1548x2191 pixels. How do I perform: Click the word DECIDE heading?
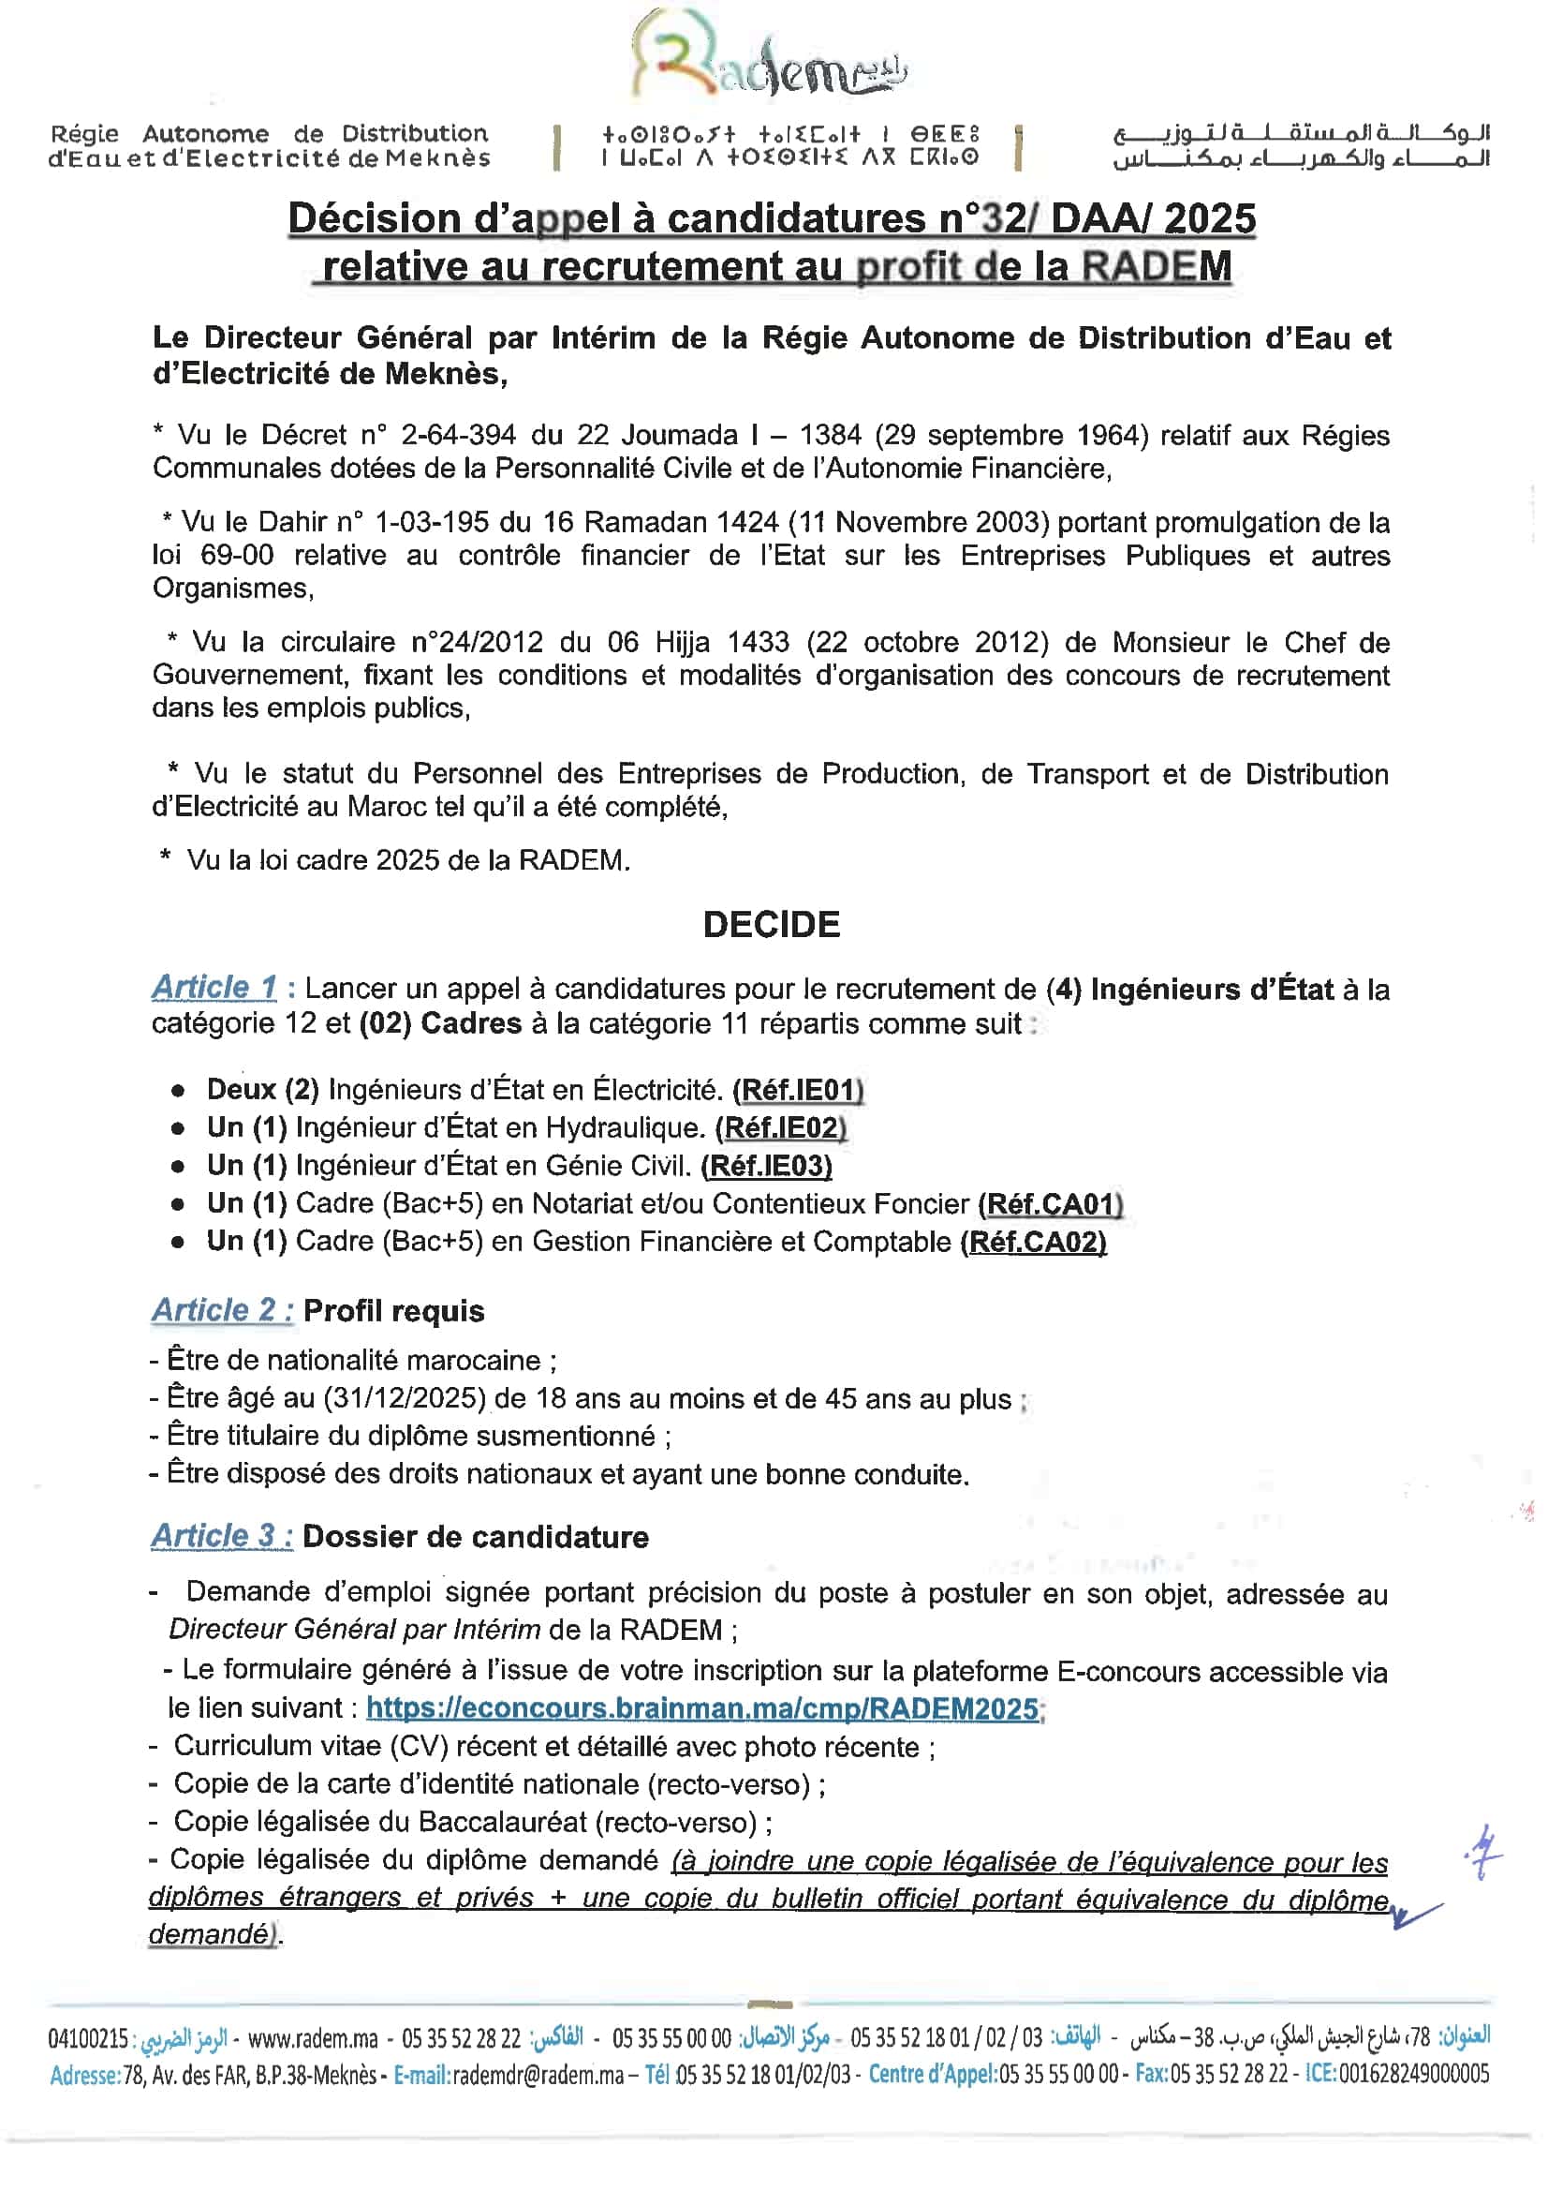point(772,924)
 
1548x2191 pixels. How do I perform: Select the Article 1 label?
point(214,987)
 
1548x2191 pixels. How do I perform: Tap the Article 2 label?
point(221,1309)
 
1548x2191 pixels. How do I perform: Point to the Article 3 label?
point(221,1535)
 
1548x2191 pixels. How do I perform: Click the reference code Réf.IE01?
point(797,1090)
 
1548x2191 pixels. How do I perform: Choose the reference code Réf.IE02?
point(781,1128)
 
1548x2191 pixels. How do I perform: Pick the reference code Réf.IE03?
point(766,1165)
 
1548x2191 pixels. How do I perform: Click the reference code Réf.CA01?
point(1050,1203)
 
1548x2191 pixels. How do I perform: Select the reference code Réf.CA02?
point(1034,1242)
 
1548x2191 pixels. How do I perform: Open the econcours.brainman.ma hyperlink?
point(702,1707)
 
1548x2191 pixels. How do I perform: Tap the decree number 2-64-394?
point(456,435)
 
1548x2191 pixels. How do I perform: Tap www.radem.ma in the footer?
point(313,2039)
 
